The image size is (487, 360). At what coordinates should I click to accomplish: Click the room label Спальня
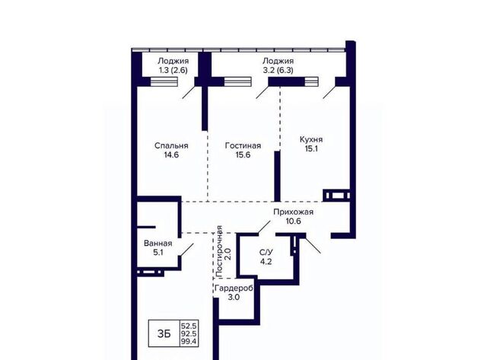pyautogui.click(x=171, y=145)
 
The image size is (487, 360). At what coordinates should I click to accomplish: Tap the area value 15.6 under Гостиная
pyautogui.click(x=243, y=155)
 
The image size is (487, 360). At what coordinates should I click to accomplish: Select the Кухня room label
pyautogui.click(x=311, y=139)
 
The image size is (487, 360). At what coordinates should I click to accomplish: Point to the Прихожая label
pyautogui.click(x=293, y=212)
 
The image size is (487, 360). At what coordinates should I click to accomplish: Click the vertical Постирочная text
pyautogui.click(x=219, y=252)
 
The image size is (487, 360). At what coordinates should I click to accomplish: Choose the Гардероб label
pyautogui.click(x=234, y=288)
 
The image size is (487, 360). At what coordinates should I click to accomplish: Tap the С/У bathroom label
pyautogui.click(x=266, y=252)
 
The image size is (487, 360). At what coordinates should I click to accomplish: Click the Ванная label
pyautogui.click(x=158, y=244)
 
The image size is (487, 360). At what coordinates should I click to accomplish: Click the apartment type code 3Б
pyautogui.click(x=164, y=333)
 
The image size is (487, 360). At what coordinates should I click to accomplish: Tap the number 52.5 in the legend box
pyautogui.click(x=189, y=327)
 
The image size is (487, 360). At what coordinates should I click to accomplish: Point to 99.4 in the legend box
pyautogui.click(x=189, y=342)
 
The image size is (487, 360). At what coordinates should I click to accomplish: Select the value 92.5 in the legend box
pyautogui.click(x=189, y=334)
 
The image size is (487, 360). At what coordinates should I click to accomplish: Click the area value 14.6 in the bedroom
pyautogui.click(x=171, y=155)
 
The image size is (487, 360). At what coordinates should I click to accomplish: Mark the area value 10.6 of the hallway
pyautogui.click(x=293, y=221)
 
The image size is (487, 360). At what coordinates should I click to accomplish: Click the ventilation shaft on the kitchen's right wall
pyautogui.click(x=336, y=196)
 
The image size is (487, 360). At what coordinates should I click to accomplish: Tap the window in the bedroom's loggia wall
pyautogui.click(x=164, y=81)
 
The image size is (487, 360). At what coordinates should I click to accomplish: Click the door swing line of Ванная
pyautogui.click(x=187, y=250)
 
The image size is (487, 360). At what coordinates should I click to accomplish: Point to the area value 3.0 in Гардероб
pyautogui.click(x=234, y=298)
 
